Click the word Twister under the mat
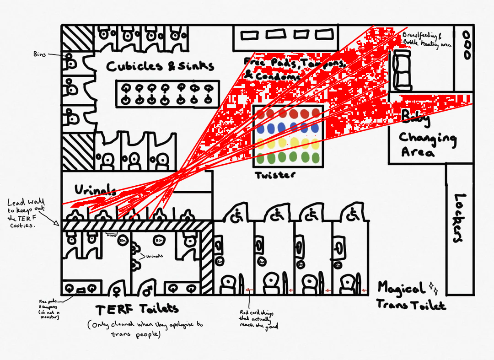point(275,175)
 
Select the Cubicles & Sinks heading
point(160,66)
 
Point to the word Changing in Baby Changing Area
point(428,138)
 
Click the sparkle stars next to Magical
point(433,288)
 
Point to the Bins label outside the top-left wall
point(40,54)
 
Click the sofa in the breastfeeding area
point(401,69)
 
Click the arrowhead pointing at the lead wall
point(57,224)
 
